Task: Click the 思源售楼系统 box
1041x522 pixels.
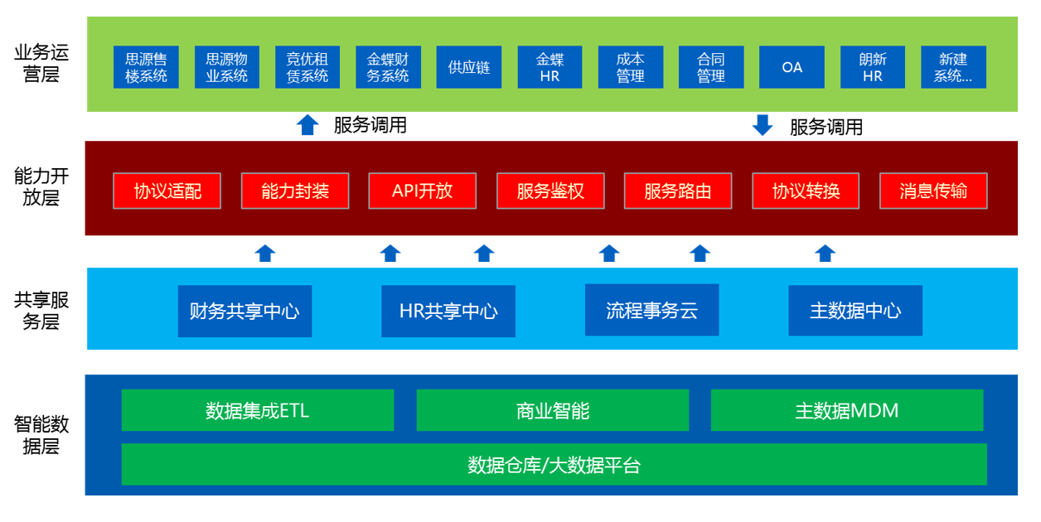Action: tap(146, 67)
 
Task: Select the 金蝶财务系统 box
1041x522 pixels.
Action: tap(388, 67)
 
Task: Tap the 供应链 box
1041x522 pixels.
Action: tap(469, 67)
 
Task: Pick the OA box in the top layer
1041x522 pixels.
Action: tap(792, 67)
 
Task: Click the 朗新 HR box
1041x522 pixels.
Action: tap(872, 67)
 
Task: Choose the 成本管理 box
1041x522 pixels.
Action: tap(630, 67)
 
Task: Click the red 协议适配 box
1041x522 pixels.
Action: tap(167, 191)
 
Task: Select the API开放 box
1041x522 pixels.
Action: tap(423, 191)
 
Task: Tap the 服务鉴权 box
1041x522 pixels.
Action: tap(550, 191)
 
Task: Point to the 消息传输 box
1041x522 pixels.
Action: tap(933, 191)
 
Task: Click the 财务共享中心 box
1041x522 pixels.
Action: tap(245, 312)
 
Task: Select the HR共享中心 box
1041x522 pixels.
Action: tap(448, 312)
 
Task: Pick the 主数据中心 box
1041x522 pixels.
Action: tap(855, 311)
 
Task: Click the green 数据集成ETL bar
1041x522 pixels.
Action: tap(258, 410)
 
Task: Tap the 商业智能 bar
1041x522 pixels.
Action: tap(553, 410)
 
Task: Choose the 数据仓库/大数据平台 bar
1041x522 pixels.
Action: tap(554, 465)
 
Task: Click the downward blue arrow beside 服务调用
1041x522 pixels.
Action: tap(762, 125)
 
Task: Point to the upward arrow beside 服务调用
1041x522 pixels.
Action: tap(307, 125)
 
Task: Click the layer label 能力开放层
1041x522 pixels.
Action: tap(41, 187)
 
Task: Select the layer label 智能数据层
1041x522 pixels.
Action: tap(41, 436)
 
